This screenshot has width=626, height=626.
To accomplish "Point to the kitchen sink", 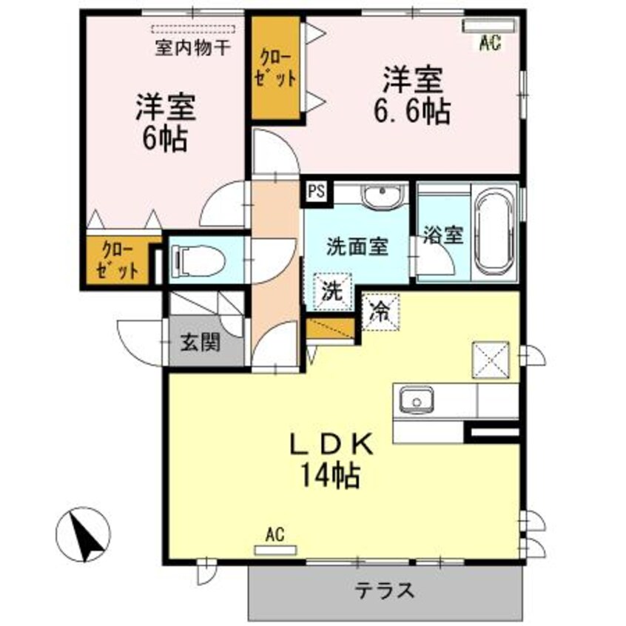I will (x=416, y=402).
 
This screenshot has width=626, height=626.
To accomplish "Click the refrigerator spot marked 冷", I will (x=380, y=310).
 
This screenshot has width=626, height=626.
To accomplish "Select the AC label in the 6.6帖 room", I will (x=489, y=44).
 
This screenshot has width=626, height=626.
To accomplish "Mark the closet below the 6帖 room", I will (x=118, y=260).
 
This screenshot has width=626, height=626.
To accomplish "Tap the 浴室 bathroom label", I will (x=443, y=236).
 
